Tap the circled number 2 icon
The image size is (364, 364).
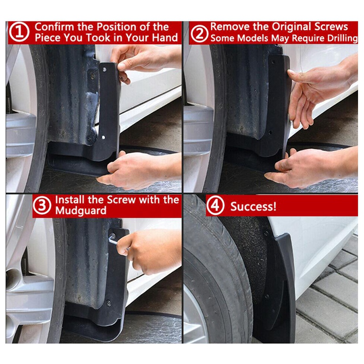pos(199,33)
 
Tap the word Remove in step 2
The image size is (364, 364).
pos(227,27)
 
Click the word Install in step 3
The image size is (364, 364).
pos(70,200)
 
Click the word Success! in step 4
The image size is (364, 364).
pos(253,207)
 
